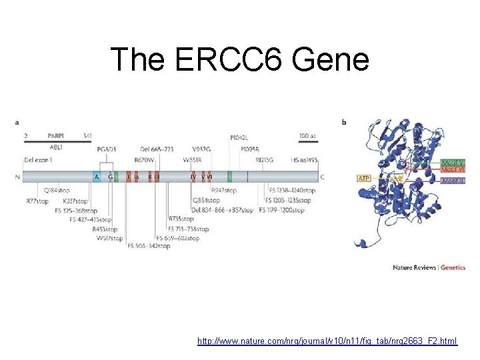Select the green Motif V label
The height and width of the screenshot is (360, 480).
[x=453, y=163]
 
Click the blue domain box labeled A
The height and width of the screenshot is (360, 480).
[x=97, y=177]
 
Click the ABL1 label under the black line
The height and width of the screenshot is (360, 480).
[x=57, y=146]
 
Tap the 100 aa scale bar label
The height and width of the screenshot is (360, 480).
[x=307, y=136]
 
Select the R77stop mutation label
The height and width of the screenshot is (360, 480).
[x=38, y=201]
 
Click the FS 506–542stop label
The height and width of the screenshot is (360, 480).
[x=149, y=246]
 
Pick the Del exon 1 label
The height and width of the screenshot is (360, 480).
[x=38, y=160]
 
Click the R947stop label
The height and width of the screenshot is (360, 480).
[x=223, y=191]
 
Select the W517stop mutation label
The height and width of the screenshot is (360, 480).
[x=109, y=237]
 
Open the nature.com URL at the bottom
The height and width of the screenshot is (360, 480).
[x=327, y=341]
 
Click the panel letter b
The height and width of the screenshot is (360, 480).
[x=343, y=122]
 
